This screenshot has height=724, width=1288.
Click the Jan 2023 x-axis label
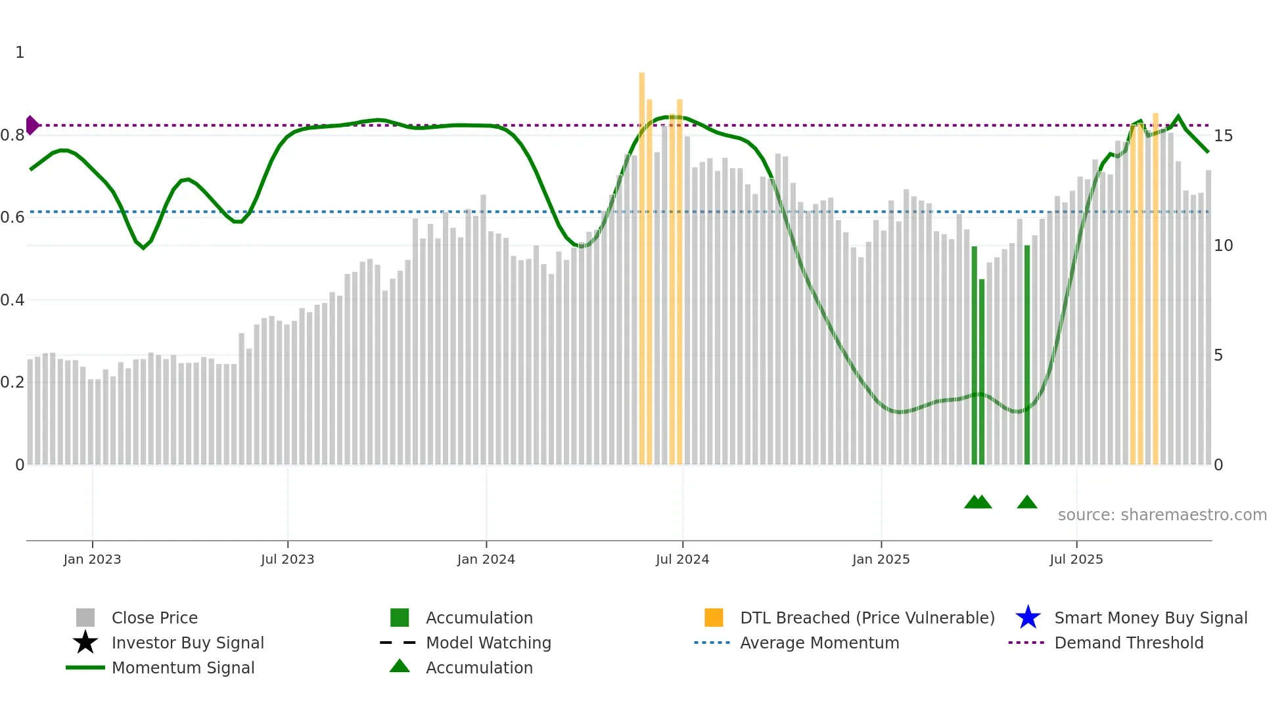(92, 559)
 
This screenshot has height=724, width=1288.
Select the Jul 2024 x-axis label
(682, 559)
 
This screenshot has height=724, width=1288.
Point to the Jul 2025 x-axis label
(1076, 559)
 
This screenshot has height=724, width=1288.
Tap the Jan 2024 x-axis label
(486, 559)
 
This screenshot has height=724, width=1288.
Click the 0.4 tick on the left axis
(12, 300)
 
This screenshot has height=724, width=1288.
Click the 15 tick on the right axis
(1223, 136)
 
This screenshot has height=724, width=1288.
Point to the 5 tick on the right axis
(1218, 355)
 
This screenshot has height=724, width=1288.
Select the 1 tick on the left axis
(20, 53)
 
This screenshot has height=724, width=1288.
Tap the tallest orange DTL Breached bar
(642, 263)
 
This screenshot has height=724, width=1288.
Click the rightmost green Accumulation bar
(1027, 355)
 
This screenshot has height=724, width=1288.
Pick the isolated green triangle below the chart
(1027, 503)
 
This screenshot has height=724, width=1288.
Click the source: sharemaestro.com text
(1162, 515)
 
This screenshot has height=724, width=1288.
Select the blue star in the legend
(1028, 618)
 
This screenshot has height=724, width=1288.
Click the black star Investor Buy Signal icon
(85, 643)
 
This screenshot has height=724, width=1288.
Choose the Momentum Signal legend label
(183, 667)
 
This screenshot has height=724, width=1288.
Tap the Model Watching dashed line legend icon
(398, 643)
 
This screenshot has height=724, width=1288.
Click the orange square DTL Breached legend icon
(714, 618)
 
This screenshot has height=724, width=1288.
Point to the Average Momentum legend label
(819, 643)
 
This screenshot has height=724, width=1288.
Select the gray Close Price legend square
(85, 618)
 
